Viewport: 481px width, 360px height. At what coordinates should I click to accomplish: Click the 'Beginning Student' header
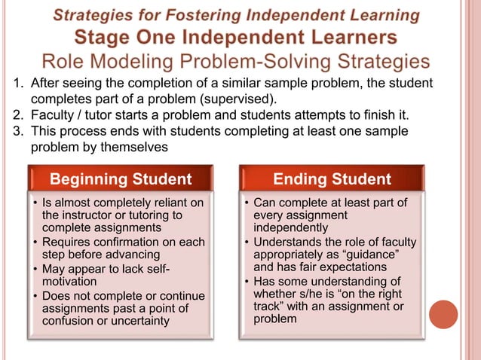pyautogui.click(x=121, y=178)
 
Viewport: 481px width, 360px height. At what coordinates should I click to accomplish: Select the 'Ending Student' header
pyautogui.click(x=332, y=178)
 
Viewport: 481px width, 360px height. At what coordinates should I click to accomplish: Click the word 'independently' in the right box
pyautogui.click(x=291, y=227)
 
